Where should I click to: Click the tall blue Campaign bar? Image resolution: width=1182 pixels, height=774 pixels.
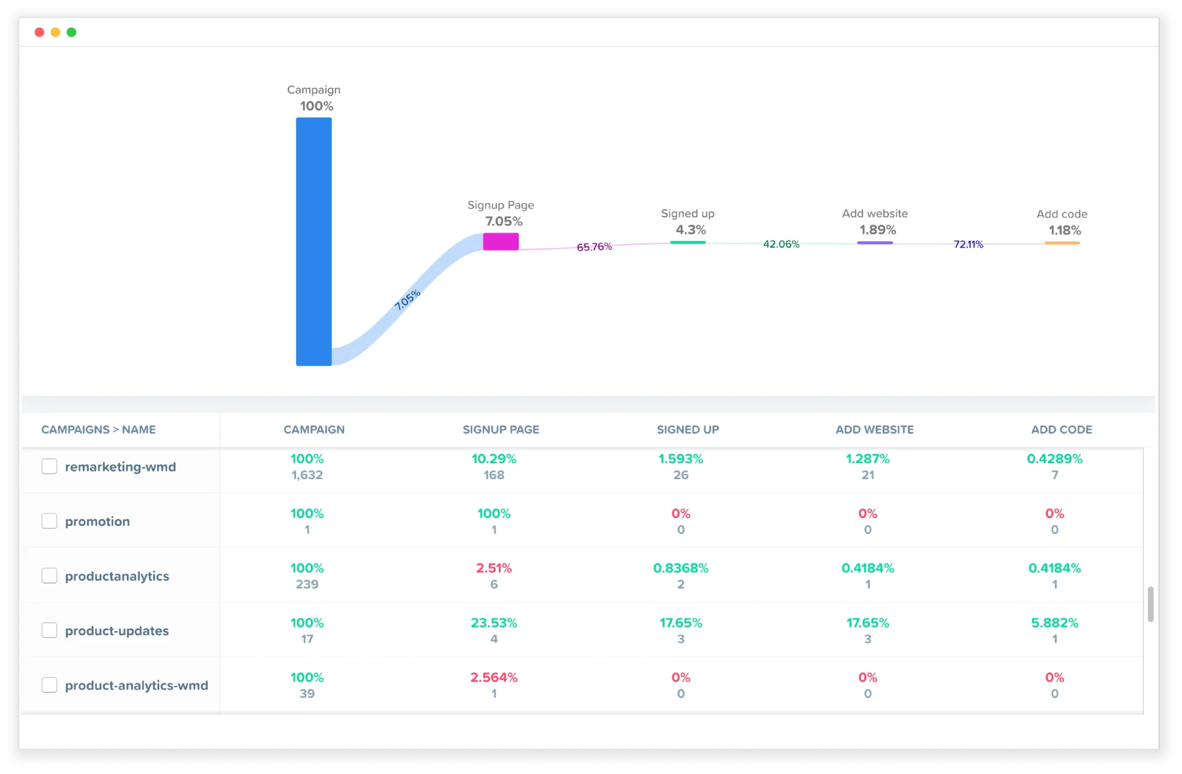[313, 241]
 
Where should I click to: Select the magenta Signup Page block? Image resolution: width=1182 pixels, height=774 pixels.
[501, 241]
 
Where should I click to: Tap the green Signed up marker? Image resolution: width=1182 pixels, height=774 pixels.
[687, 242]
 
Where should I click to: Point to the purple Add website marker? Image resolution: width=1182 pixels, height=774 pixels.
[875, 243]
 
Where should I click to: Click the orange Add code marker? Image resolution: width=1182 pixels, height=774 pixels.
[1061, 243]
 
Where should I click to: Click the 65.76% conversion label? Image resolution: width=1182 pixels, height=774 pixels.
[594, 246]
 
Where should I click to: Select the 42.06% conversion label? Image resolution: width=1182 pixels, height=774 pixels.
[781, 244]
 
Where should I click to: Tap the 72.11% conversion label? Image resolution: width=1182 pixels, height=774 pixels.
[968, 244]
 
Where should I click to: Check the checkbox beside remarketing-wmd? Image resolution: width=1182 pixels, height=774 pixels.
[50, 466]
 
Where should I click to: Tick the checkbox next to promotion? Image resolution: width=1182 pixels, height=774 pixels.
[50, 521]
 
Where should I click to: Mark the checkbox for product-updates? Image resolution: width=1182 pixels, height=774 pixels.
[50, 630]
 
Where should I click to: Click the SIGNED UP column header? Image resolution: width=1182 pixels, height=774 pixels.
[687, 430]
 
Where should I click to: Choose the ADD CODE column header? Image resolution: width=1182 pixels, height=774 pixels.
[1061, 430]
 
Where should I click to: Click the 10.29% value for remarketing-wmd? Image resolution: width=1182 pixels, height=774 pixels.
[493, 458]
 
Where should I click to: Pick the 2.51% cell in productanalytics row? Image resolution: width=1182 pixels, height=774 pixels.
[493, 568]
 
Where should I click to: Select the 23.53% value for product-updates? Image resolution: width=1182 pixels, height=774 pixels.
[493, 623]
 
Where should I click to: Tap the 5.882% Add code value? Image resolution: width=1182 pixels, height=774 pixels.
[1054, 623]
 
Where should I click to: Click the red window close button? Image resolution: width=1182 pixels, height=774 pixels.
[40, 32]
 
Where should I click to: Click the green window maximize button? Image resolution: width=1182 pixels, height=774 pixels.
[72, 32]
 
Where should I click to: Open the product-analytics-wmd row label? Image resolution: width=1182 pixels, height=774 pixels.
[136, 685]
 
